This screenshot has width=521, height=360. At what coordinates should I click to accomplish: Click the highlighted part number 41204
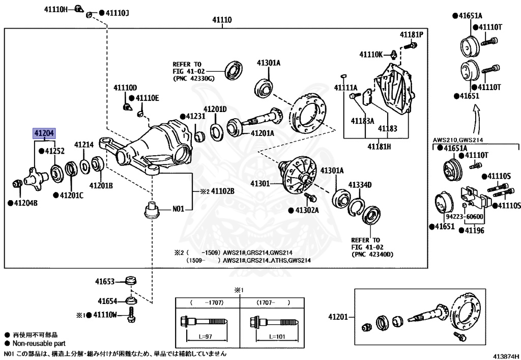pyautogui.click(x=44, y=133)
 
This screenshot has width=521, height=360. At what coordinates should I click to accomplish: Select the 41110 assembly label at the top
pyautogui.click(x=222, y=20)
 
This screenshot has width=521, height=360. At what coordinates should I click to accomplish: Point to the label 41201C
pyautogui.click(x=71, y=196)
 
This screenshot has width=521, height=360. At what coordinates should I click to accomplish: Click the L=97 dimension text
pyautogui.click(x=206, y=337)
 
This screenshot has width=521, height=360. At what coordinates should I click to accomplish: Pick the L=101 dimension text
pyautogui.click(x=276, y=337)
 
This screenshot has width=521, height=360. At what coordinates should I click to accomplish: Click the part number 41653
pyautogui.click(x=105, y=282)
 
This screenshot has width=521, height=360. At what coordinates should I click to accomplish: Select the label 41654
pyautogui.click(x=107, y=301)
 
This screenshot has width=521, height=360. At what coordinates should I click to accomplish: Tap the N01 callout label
pyautogui.click(x=178, y=209)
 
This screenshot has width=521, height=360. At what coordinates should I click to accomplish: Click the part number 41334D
pyautogui.click(x=360, y=185)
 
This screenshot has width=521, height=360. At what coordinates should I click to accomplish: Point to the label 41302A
pyautogui.click(x=307, y=210)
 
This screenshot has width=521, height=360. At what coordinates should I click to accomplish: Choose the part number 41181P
pyautogui.click(x=411, y=35)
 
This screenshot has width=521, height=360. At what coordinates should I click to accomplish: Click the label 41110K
pyautogui.click(x=371, y=54)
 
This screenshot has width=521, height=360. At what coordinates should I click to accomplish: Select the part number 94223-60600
pyautogui.click(x=465, y=217)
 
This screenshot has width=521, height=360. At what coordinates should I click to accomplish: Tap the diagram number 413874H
pyautogui.click(x=505, y=355)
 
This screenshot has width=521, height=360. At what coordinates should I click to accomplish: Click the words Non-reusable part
pyautogui.click(x=39, y=343)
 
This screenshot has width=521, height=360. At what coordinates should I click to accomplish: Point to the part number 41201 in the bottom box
pyautogui.click(x=338, y=317)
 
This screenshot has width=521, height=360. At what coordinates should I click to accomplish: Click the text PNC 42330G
pyautogui.click(x=194, y=79)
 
